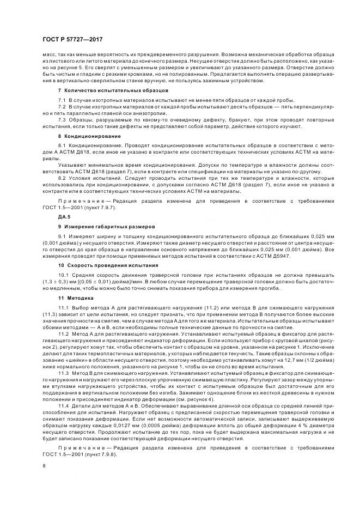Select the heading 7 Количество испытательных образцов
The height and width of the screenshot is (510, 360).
(113, 89)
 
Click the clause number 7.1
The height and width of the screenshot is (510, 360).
(62, 100)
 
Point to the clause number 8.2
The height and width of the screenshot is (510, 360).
(62, 178)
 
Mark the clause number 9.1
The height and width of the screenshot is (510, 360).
(62, 236)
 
